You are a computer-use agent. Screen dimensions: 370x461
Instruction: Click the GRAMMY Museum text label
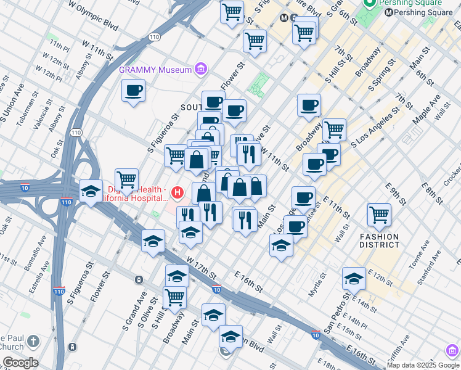tap(155, 70)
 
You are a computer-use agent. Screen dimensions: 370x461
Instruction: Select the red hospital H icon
tap(178, 193)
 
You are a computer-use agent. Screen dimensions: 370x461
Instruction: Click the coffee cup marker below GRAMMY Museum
tap(133, 91)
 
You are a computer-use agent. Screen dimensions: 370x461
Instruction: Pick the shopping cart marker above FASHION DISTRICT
tap(378, 215)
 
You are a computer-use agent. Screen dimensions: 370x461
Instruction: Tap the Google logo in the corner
tap(20, 363)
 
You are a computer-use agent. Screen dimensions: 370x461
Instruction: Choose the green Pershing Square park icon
tap(370, 4)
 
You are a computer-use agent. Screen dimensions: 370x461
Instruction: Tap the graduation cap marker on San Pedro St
tap(354, 278)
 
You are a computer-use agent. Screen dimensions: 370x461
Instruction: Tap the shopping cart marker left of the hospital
tap(126, 180)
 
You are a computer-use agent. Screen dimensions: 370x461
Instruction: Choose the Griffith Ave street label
tap(399, 347)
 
